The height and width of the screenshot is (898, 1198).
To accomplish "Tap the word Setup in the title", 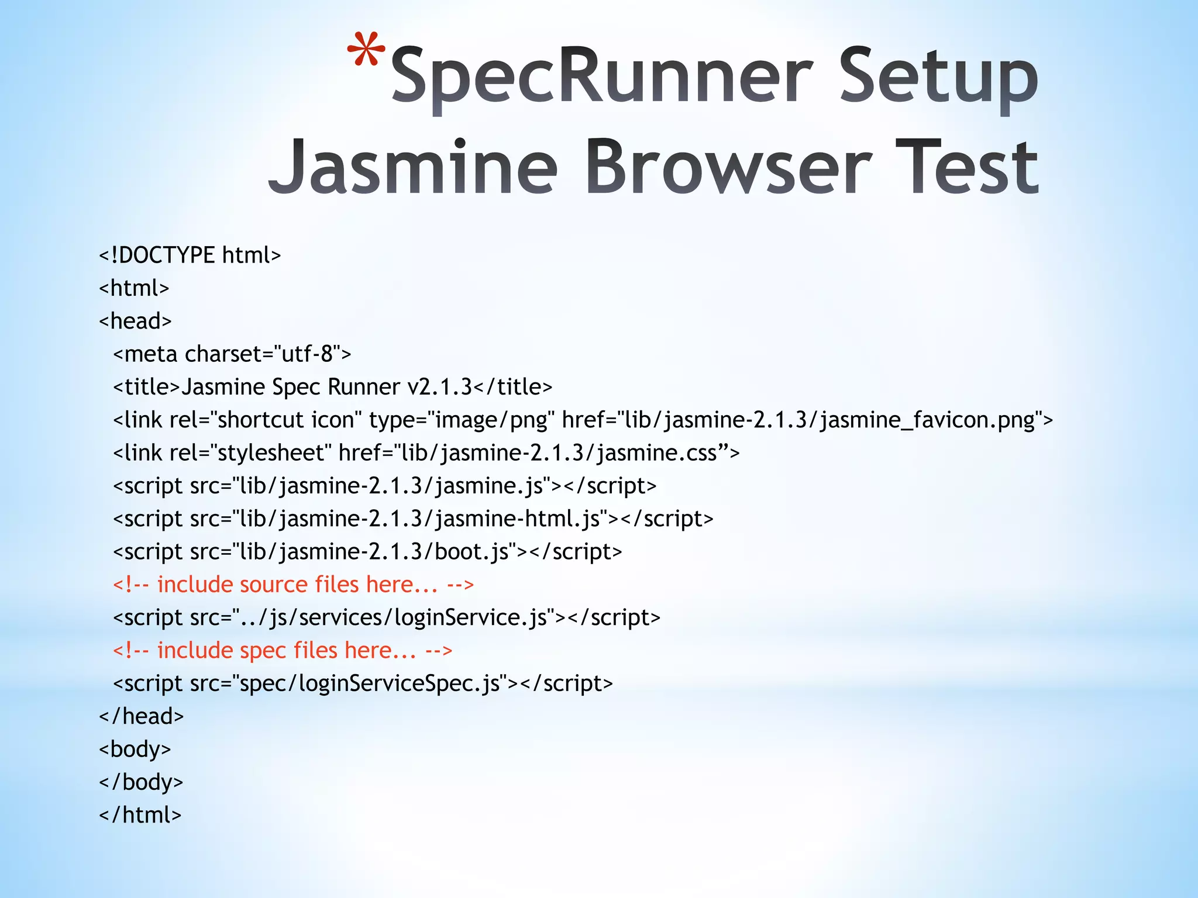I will (x=938, y=76).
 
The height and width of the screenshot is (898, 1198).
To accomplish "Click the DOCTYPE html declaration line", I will (x=190, y=255).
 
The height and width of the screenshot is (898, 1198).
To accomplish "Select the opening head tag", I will (x=135, y=321).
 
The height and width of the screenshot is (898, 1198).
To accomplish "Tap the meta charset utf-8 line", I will (x=232, y=354).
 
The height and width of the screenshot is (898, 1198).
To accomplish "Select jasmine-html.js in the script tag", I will (x=518, y=519).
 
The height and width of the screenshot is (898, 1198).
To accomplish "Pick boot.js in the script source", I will (x=471, y=552).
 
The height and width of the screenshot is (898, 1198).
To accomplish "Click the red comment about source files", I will (x=293, y=585).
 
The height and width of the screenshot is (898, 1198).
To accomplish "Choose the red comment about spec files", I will (x=283, y=651).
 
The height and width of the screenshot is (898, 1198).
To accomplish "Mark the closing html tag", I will (x=140, y=815).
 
